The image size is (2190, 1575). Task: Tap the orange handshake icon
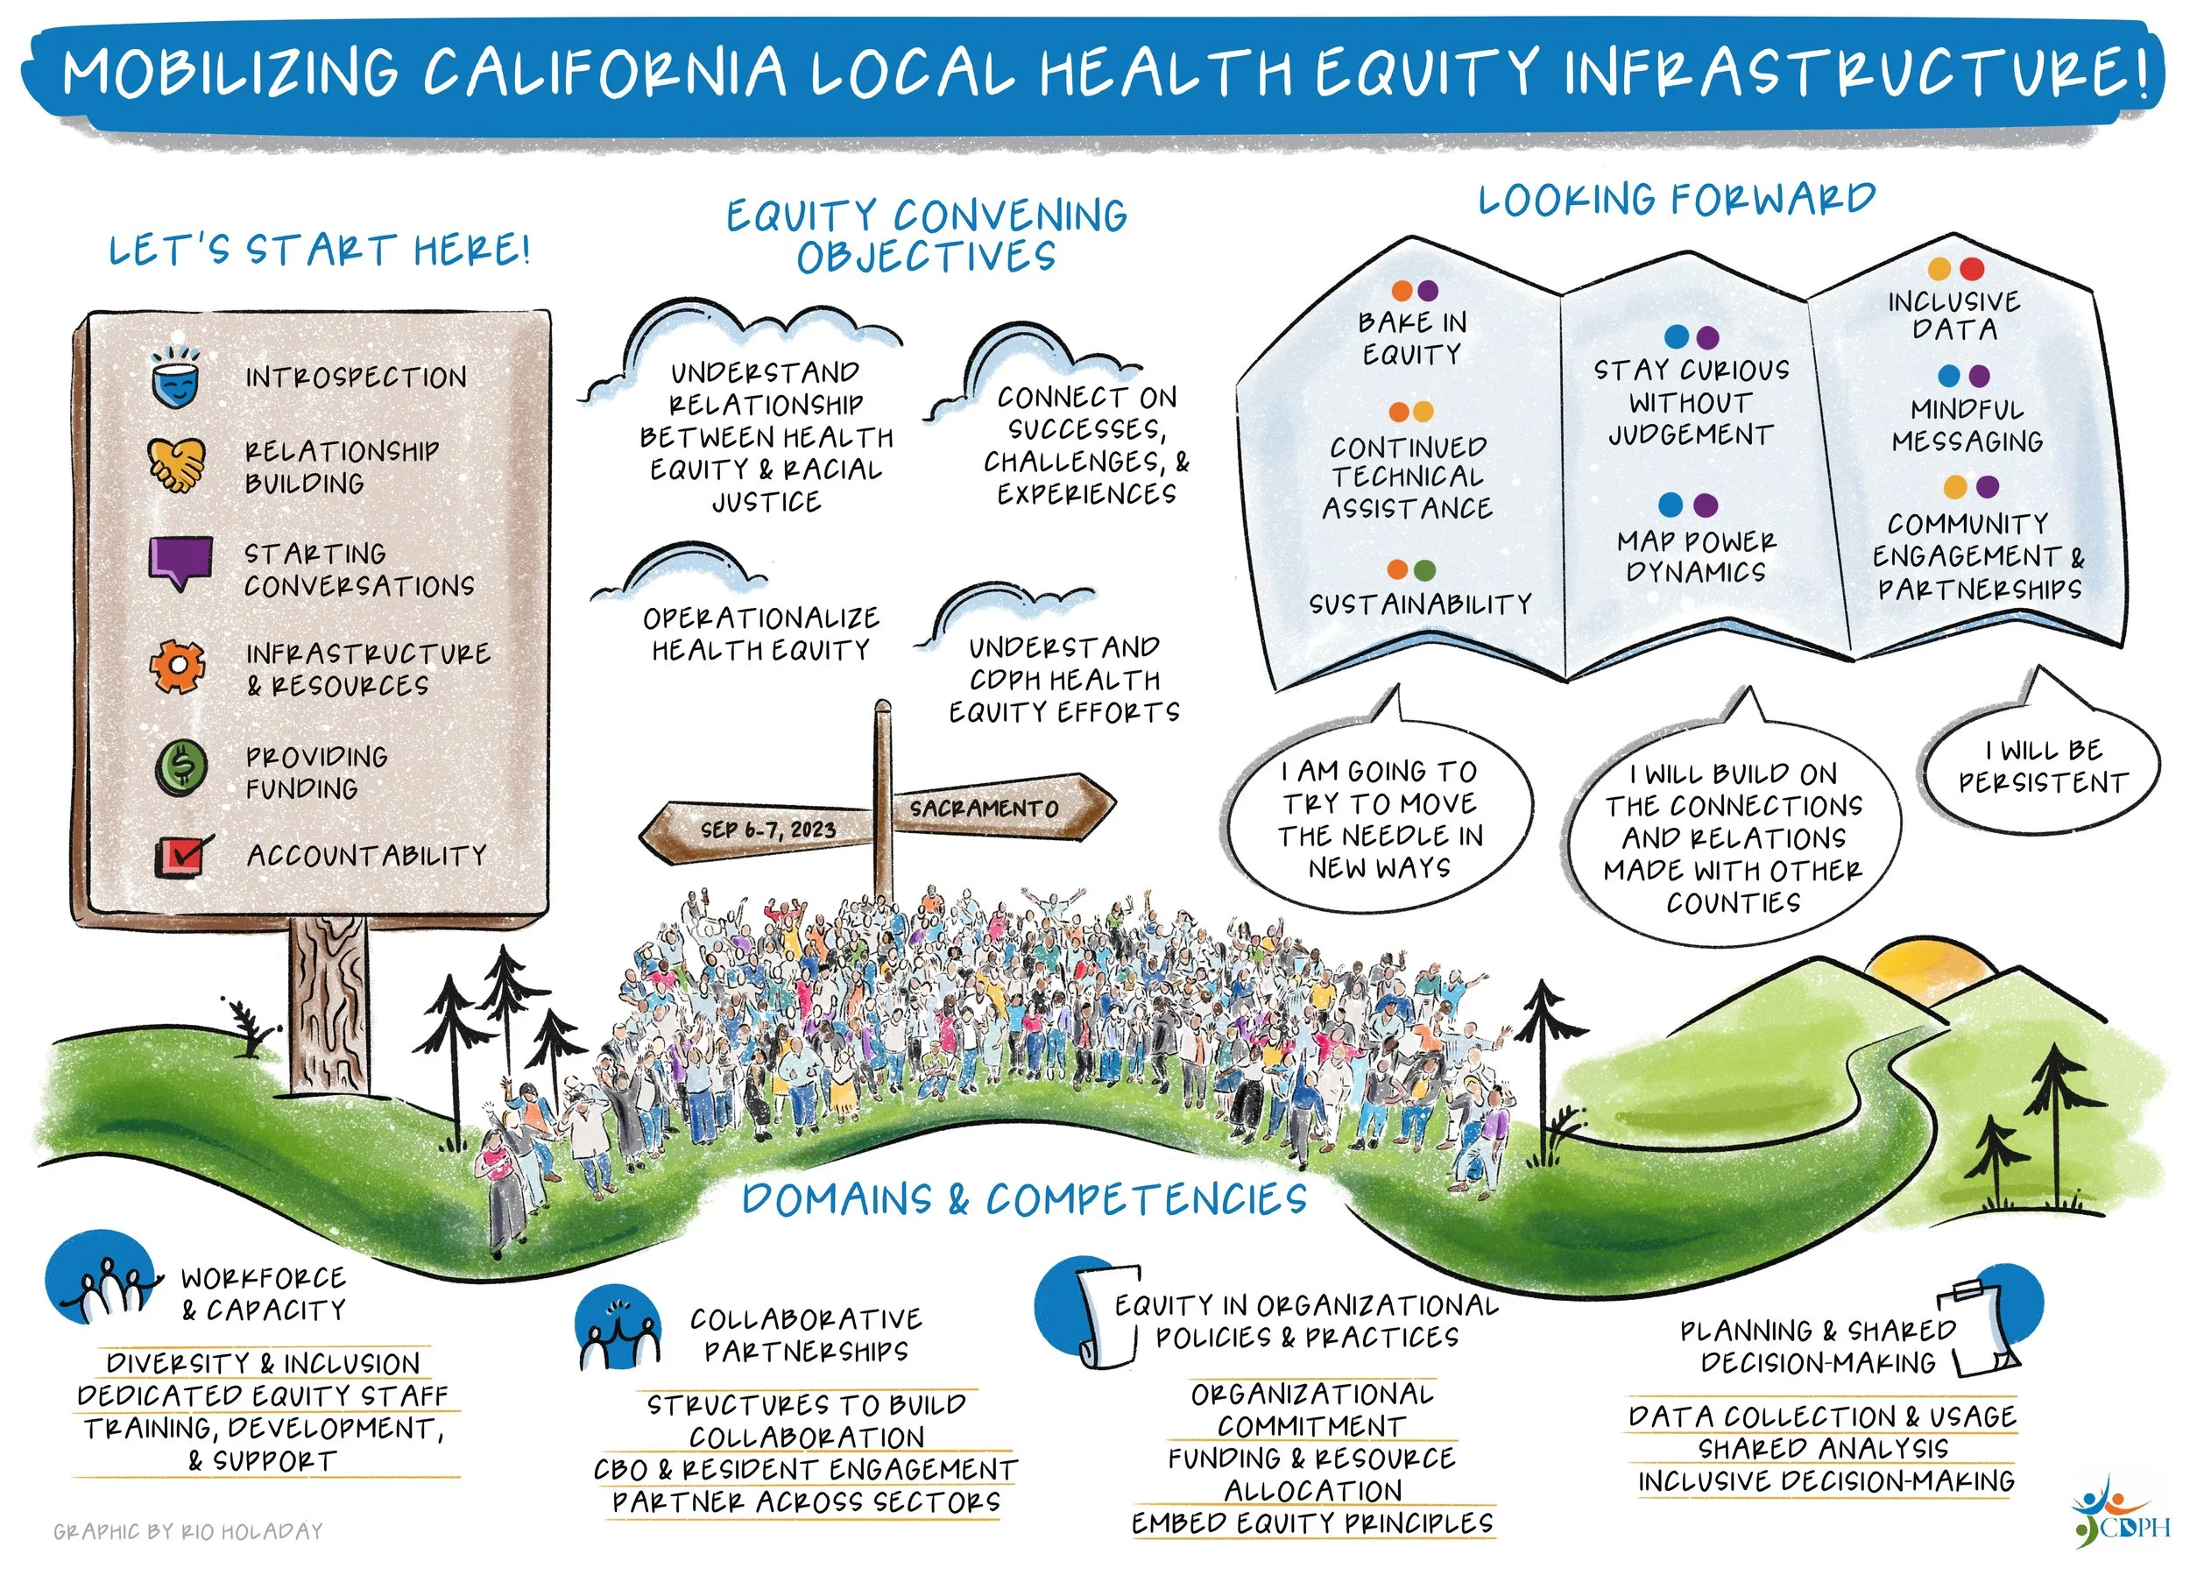point(177,465)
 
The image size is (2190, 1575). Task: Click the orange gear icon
point(178,667)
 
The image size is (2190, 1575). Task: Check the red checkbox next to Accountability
point(182,856)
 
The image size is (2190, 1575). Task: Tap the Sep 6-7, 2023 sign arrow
point(763,829)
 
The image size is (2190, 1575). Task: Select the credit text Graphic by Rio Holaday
point(188,1531)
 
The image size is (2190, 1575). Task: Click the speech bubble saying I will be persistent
point(2042,767)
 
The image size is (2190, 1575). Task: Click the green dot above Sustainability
point(1423,569)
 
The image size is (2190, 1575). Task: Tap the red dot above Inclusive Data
point(1972,268)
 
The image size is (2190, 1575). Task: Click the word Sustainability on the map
point(1420,604)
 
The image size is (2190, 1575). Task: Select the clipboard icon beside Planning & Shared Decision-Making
point(1984,1328)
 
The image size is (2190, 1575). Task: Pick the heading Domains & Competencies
point(1023,1200)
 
